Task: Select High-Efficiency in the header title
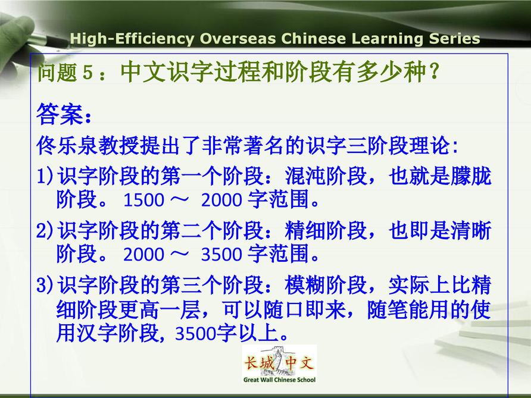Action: click(x=132, y=39)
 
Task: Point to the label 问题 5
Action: click(x=65, y=72)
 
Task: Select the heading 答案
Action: click(x=60, y=114)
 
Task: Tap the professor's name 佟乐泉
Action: click(x=67, y=146)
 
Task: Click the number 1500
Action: click(x=144, y=200)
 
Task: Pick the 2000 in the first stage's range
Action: click(x=221, y=200)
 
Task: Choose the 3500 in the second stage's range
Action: click(x=221, y=254)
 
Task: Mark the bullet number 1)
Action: click(x=45, y=176)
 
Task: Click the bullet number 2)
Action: click(x=45, y=230)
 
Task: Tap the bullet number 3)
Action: click(x=45, y=284)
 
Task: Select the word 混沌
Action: click(x=305, y=176)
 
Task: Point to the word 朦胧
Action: click(x=470, y=176)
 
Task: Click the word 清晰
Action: click(x=470, y=230)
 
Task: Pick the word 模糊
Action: click(x=305, y=285)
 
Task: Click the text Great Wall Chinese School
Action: click(x=279, y=380)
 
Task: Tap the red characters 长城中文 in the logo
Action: click(x=279, y=363)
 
